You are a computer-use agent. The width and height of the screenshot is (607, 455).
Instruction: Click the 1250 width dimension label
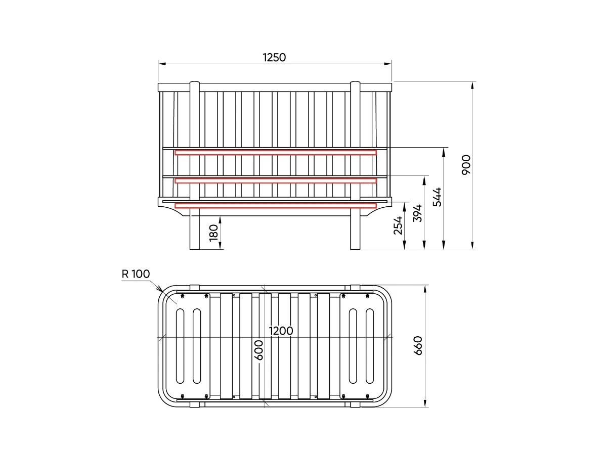[x=274, y=58]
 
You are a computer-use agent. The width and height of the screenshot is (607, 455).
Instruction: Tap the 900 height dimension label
[x=466, y=165]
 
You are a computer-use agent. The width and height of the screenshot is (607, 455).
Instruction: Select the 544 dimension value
[x=437, y=197]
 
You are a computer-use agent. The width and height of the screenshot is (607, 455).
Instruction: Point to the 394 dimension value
[x=417, y=213]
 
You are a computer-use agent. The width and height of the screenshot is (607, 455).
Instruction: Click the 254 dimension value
[x=398, y=225]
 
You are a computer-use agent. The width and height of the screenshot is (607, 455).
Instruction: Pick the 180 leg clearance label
[x=213, y=233]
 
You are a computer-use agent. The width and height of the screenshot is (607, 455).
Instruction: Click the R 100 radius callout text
[x=136, y=274]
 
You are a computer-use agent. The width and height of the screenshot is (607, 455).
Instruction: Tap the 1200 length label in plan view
[x=281, y=331]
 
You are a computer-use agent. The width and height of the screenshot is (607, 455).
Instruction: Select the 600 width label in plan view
[x=258, y=350]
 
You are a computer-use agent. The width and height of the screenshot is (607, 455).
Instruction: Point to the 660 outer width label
[x=418, y=346]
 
